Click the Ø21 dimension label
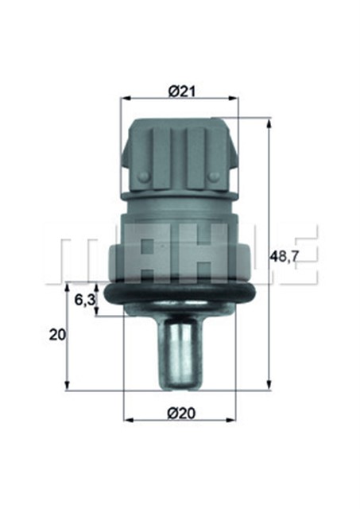coord(182,92)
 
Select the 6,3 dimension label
coord(85,300)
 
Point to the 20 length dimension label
coord(57,335)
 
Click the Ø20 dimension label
coord(182,414)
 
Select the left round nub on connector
coord(144,177)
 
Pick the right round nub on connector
coord(214,177)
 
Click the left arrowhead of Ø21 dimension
coord(125,98)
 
